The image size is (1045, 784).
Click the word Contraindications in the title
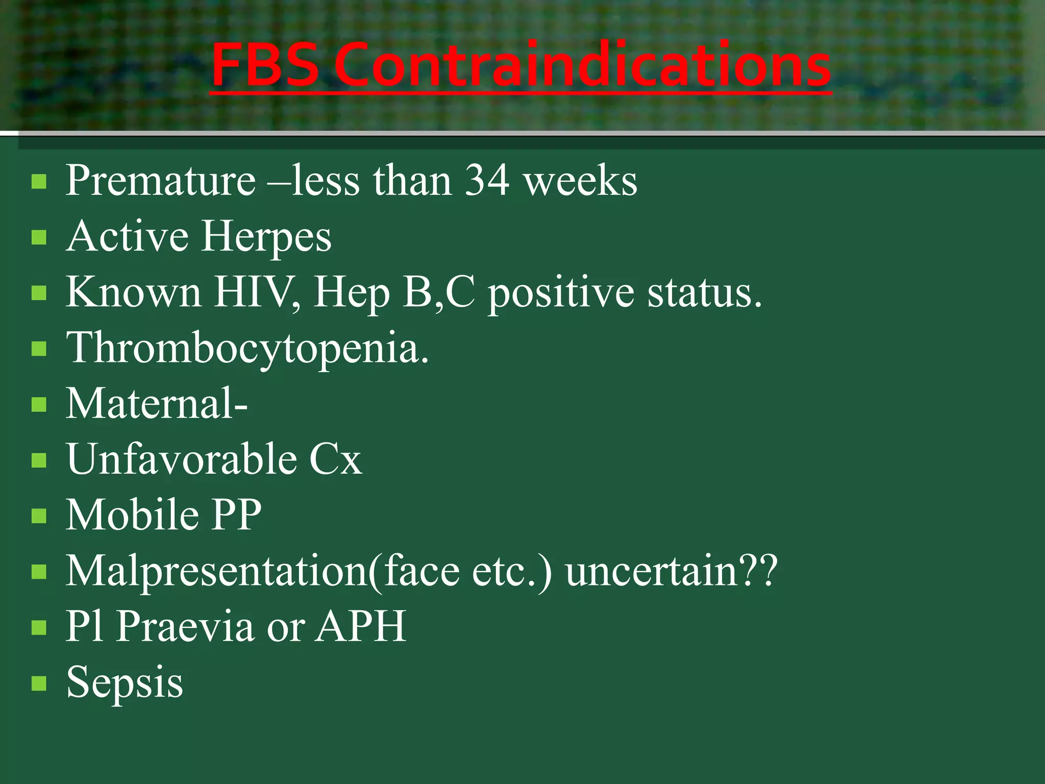click(x=583, y=65)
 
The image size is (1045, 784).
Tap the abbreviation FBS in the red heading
click(x=265, y=65)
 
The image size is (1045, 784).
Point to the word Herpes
click(x=266, y=237)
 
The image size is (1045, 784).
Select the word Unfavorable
click(x=181, y=459)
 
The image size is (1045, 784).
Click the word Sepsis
click(x=125, y=682)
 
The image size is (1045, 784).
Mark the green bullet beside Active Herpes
click(x=39, y=238)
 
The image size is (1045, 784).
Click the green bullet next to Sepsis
click(x=39, y=683)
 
